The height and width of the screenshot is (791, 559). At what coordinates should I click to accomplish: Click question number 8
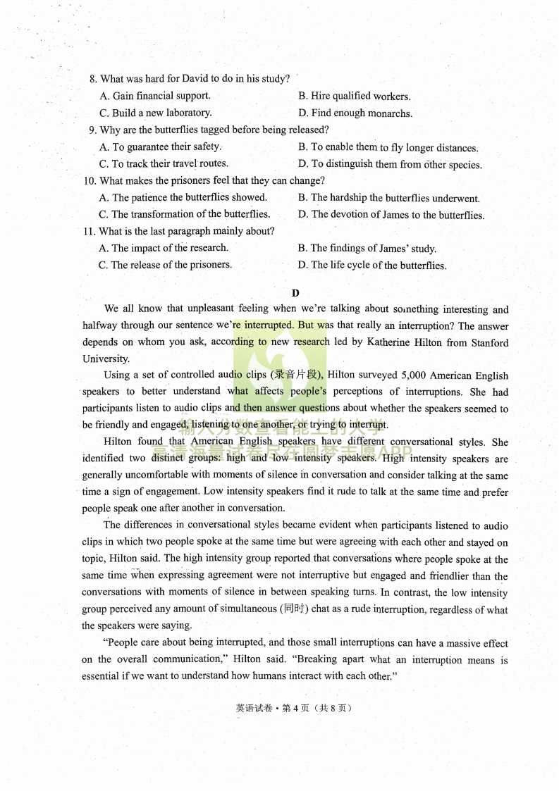click(x=94, y=79)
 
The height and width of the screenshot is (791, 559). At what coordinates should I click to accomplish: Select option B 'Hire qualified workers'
click(x=354, y=96)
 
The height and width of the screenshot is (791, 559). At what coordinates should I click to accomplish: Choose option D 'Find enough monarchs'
click(x=355, y=113)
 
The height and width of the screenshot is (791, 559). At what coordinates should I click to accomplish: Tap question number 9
click(x=92, y=130)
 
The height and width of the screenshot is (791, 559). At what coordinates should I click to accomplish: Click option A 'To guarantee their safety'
click(x=161, y=147)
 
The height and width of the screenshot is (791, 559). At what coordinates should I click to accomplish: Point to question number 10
click(x=90, y=181)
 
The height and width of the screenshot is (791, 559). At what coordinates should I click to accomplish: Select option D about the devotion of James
click(x=391, y=215)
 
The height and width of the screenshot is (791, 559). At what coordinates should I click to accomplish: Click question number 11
click(x=90, y=232)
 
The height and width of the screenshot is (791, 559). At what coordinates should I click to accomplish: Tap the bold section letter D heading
click(x=295, y=292)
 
